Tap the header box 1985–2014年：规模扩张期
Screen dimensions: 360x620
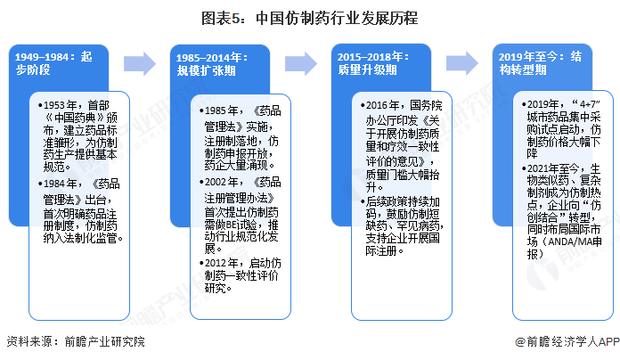[214, 64]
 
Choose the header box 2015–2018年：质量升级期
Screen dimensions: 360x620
[374, 64]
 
